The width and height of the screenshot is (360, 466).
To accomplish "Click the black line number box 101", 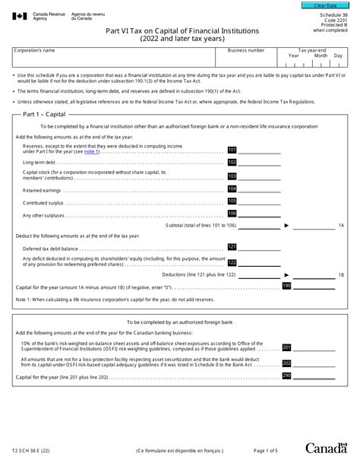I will pos(232,150).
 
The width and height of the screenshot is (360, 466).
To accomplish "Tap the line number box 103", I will pos(232,176).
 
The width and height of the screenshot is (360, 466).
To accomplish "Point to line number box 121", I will pos(232,247).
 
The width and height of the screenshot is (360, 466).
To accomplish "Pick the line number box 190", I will pos(286,285).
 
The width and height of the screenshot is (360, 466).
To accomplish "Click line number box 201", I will pos(286,347).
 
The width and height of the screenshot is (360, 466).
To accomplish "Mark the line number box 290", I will pos(286,376).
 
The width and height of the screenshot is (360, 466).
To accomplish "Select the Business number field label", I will pos(246,50).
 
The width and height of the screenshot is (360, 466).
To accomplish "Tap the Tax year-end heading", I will pos(312,49).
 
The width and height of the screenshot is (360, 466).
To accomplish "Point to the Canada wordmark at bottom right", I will pos(327,449).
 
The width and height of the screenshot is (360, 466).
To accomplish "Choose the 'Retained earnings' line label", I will pos(43,190).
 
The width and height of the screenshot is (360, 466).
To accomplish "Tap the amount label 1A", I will pos(341,226).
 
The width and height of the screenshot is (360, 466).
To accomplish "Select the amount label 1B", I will pos(341,274).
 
